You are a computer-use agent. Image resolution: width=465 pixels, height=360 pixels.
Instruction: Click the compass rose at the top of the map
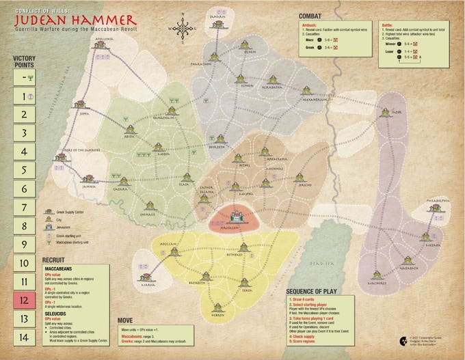183,28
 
